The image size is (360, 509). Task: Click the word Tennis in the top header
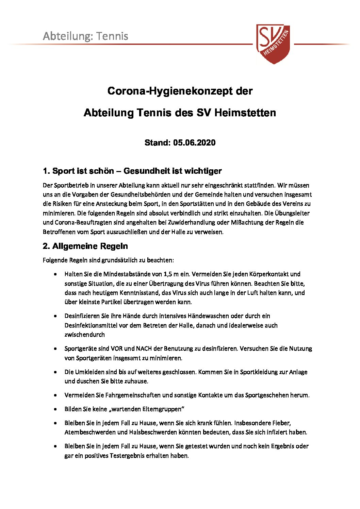pyautogui.click(x=112, y=36)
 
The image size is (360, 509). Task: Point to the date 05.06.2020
pyautogui.click(x=194, y=142)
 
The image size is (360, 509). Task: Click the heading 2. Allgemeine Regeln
pyautogui.click(x=85, y=246)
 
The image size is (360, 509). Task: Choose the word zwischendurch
pyautogui.click(x=85, y=335)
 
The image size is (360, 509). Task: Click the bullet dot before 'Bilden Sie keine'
pyautogui.click(x=55, y=409)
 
